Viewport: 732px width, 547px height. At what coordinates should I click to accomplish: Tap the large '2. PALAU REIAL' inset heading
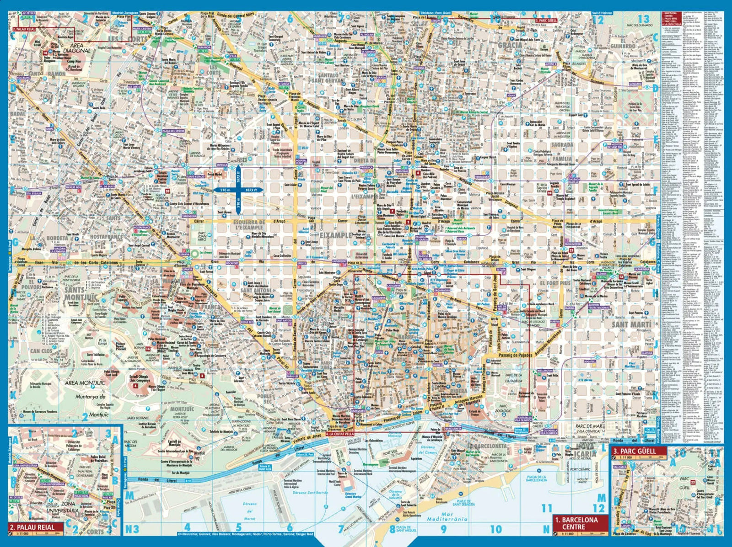34,527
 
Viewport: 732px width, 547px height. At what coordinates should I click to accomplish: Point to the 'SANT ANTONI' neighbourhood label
257,290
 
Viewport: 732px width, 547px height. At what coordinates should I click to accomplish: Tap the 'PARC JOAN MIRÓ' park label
202,236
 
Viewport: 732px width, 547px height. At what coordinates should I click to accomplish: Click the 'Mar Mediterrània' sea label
447,516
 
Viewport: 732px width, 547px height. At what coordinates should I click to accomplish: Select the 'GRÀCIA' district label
510,45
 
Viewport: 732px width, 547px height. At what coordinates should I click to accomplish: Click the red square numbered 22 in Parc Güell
693,482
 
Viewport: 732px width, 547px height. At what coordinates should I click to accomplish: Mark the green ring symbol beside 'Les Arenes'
195,253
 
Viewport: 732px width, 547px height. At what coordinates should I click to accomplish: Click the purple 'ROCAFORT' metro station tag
232,263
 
